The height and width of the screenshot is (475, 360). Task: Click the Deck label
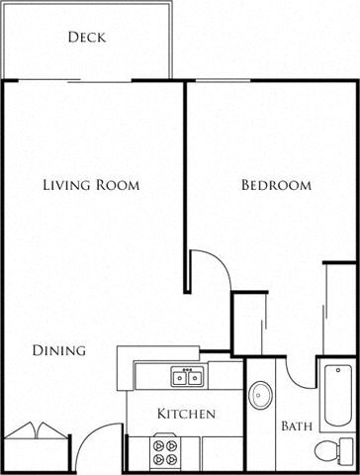click(87, 39)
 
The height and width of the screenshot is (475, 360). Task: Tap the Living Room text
click(90, 185)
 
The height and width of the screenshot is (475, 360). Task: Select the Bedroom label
click(276, 185)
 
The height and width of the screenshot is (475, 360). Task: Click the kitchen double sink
click(187, 376)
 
